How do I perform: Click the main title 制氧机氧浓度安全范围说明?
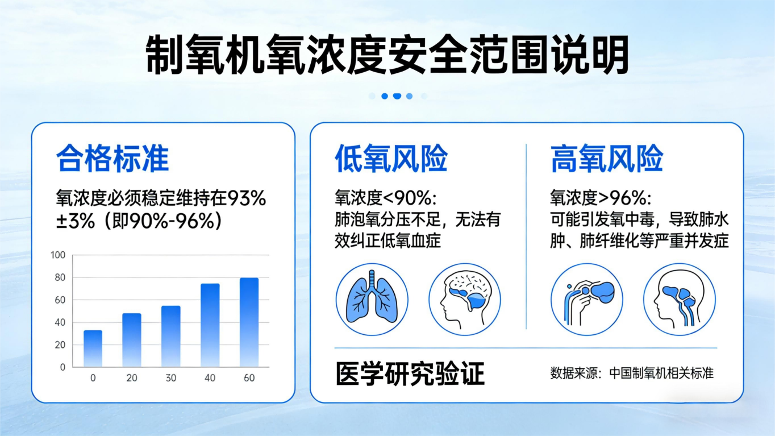[387, 54]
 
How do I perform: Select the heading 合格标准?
[113, 159]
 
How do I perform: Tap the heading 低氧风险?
[391, 159]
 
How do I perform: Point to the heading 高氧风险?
[606, 159]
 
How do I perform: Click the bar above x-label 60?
[249, 322]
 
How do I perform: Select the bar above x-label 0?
[93, 348]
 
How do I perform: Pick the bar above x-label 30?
[171, 336]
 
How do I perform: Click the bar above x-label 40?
[210, 325]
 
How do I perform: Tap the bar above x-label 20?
[132, 340]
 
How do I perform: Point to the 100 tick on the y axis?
[58, 255]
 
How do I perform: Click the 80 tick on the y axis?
[60, 277]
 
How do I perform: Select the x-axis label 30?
[171, 378]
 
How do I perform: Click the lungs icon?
[372, 300]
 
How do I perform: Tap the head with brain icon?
[465, 300]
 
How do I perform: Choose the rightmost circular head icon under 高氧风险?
[680, 300]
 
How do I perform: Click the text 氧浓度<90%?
[386, 198]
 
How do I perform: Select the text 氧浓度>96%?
[601, 198]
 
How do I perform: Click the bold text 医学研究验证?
[410, 373]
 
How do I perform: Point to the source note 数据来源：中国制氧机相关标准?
[632, 373]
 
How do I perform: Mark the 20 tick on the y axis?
[60, 344]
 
